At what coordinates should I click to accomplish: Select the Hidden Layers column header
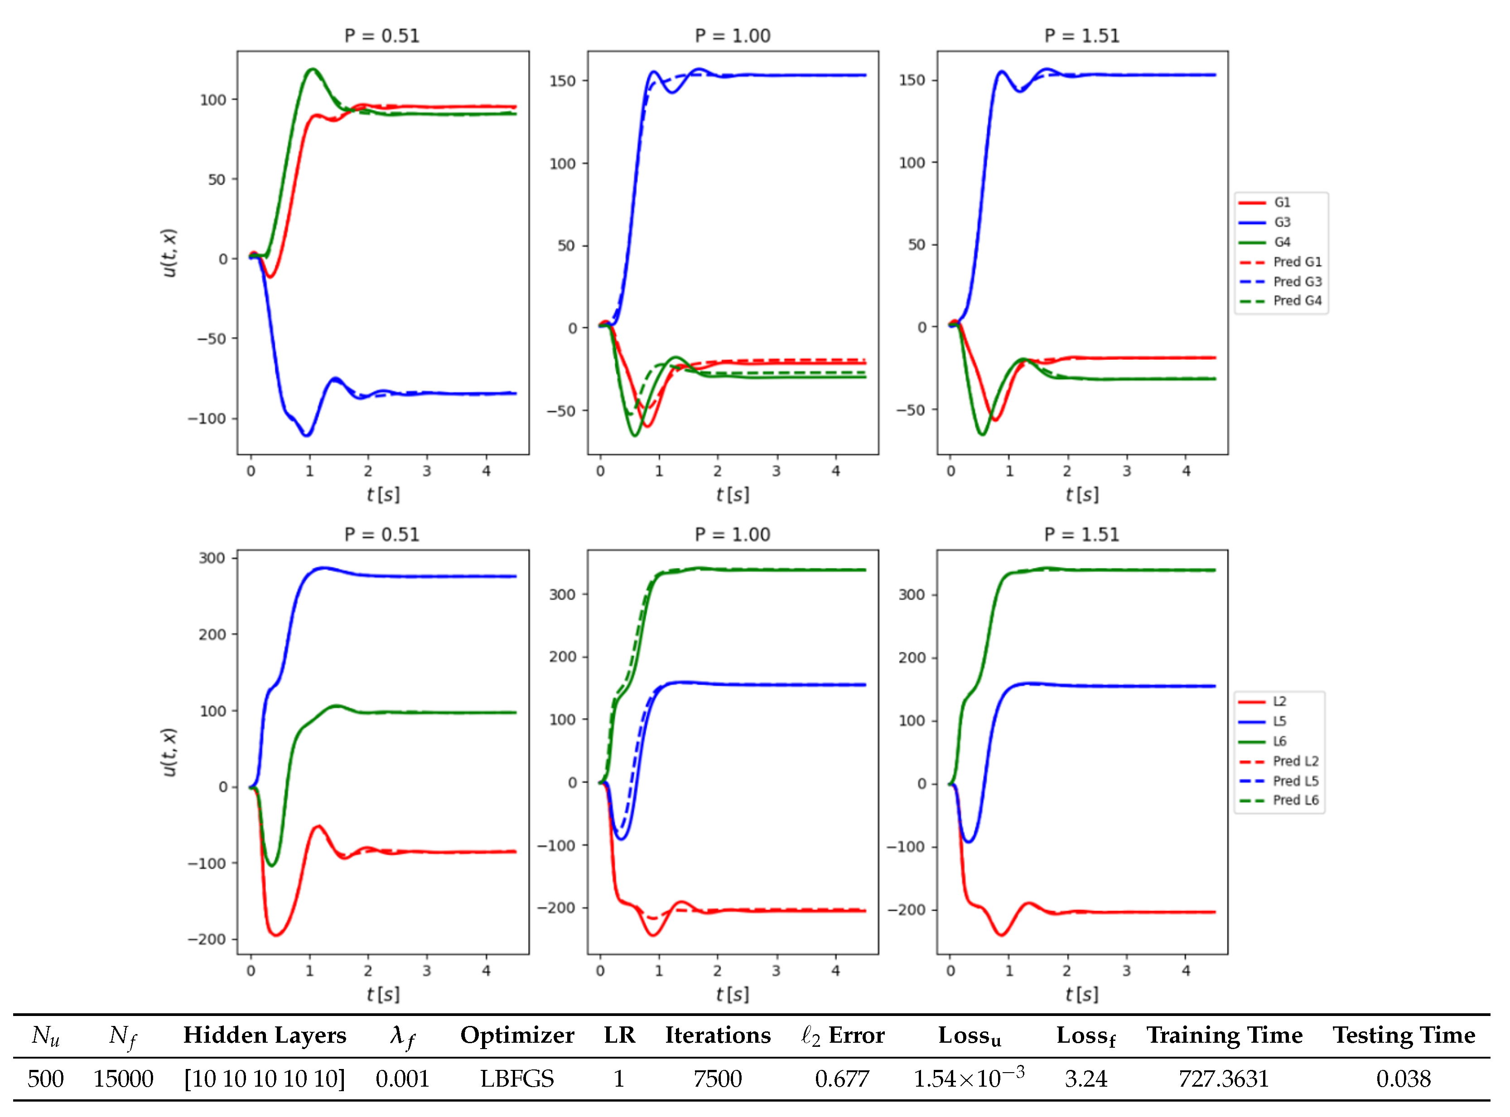pyautogui.click(x=265, y=1035)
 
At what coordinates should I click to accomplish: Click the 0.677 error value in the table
pyautogui.click(x=841, y=1078)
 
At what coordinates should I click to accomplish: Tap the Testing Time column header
pyautogui.click(x=1404, y=1035)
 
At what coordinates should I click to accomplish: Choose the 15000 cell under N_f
pyautogui.click(x=123, y=1078)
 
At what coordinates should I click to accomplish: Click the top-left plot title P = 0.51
pyautogui.click(x=382, y=36)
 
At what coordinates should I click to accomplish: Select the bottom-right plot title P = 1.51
pyautogui.click(x=1081, y=535)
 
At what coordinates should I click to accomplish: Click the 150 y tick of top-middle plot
pyautogui.click(x=562, y=81)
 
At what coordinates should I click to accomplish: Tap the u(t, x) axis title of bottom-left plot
pyautogui.click(x=169, y=752)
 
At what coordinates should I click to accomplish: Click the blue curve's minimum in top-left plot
pyautogui.click(x=307, y=435)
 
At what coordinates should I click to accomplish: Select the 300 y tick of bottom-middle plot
pyautogui.click(x=562, y=594)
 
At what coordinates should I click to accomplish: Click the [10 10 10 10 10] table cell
pyautogui.click(x=265, y=1078)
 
